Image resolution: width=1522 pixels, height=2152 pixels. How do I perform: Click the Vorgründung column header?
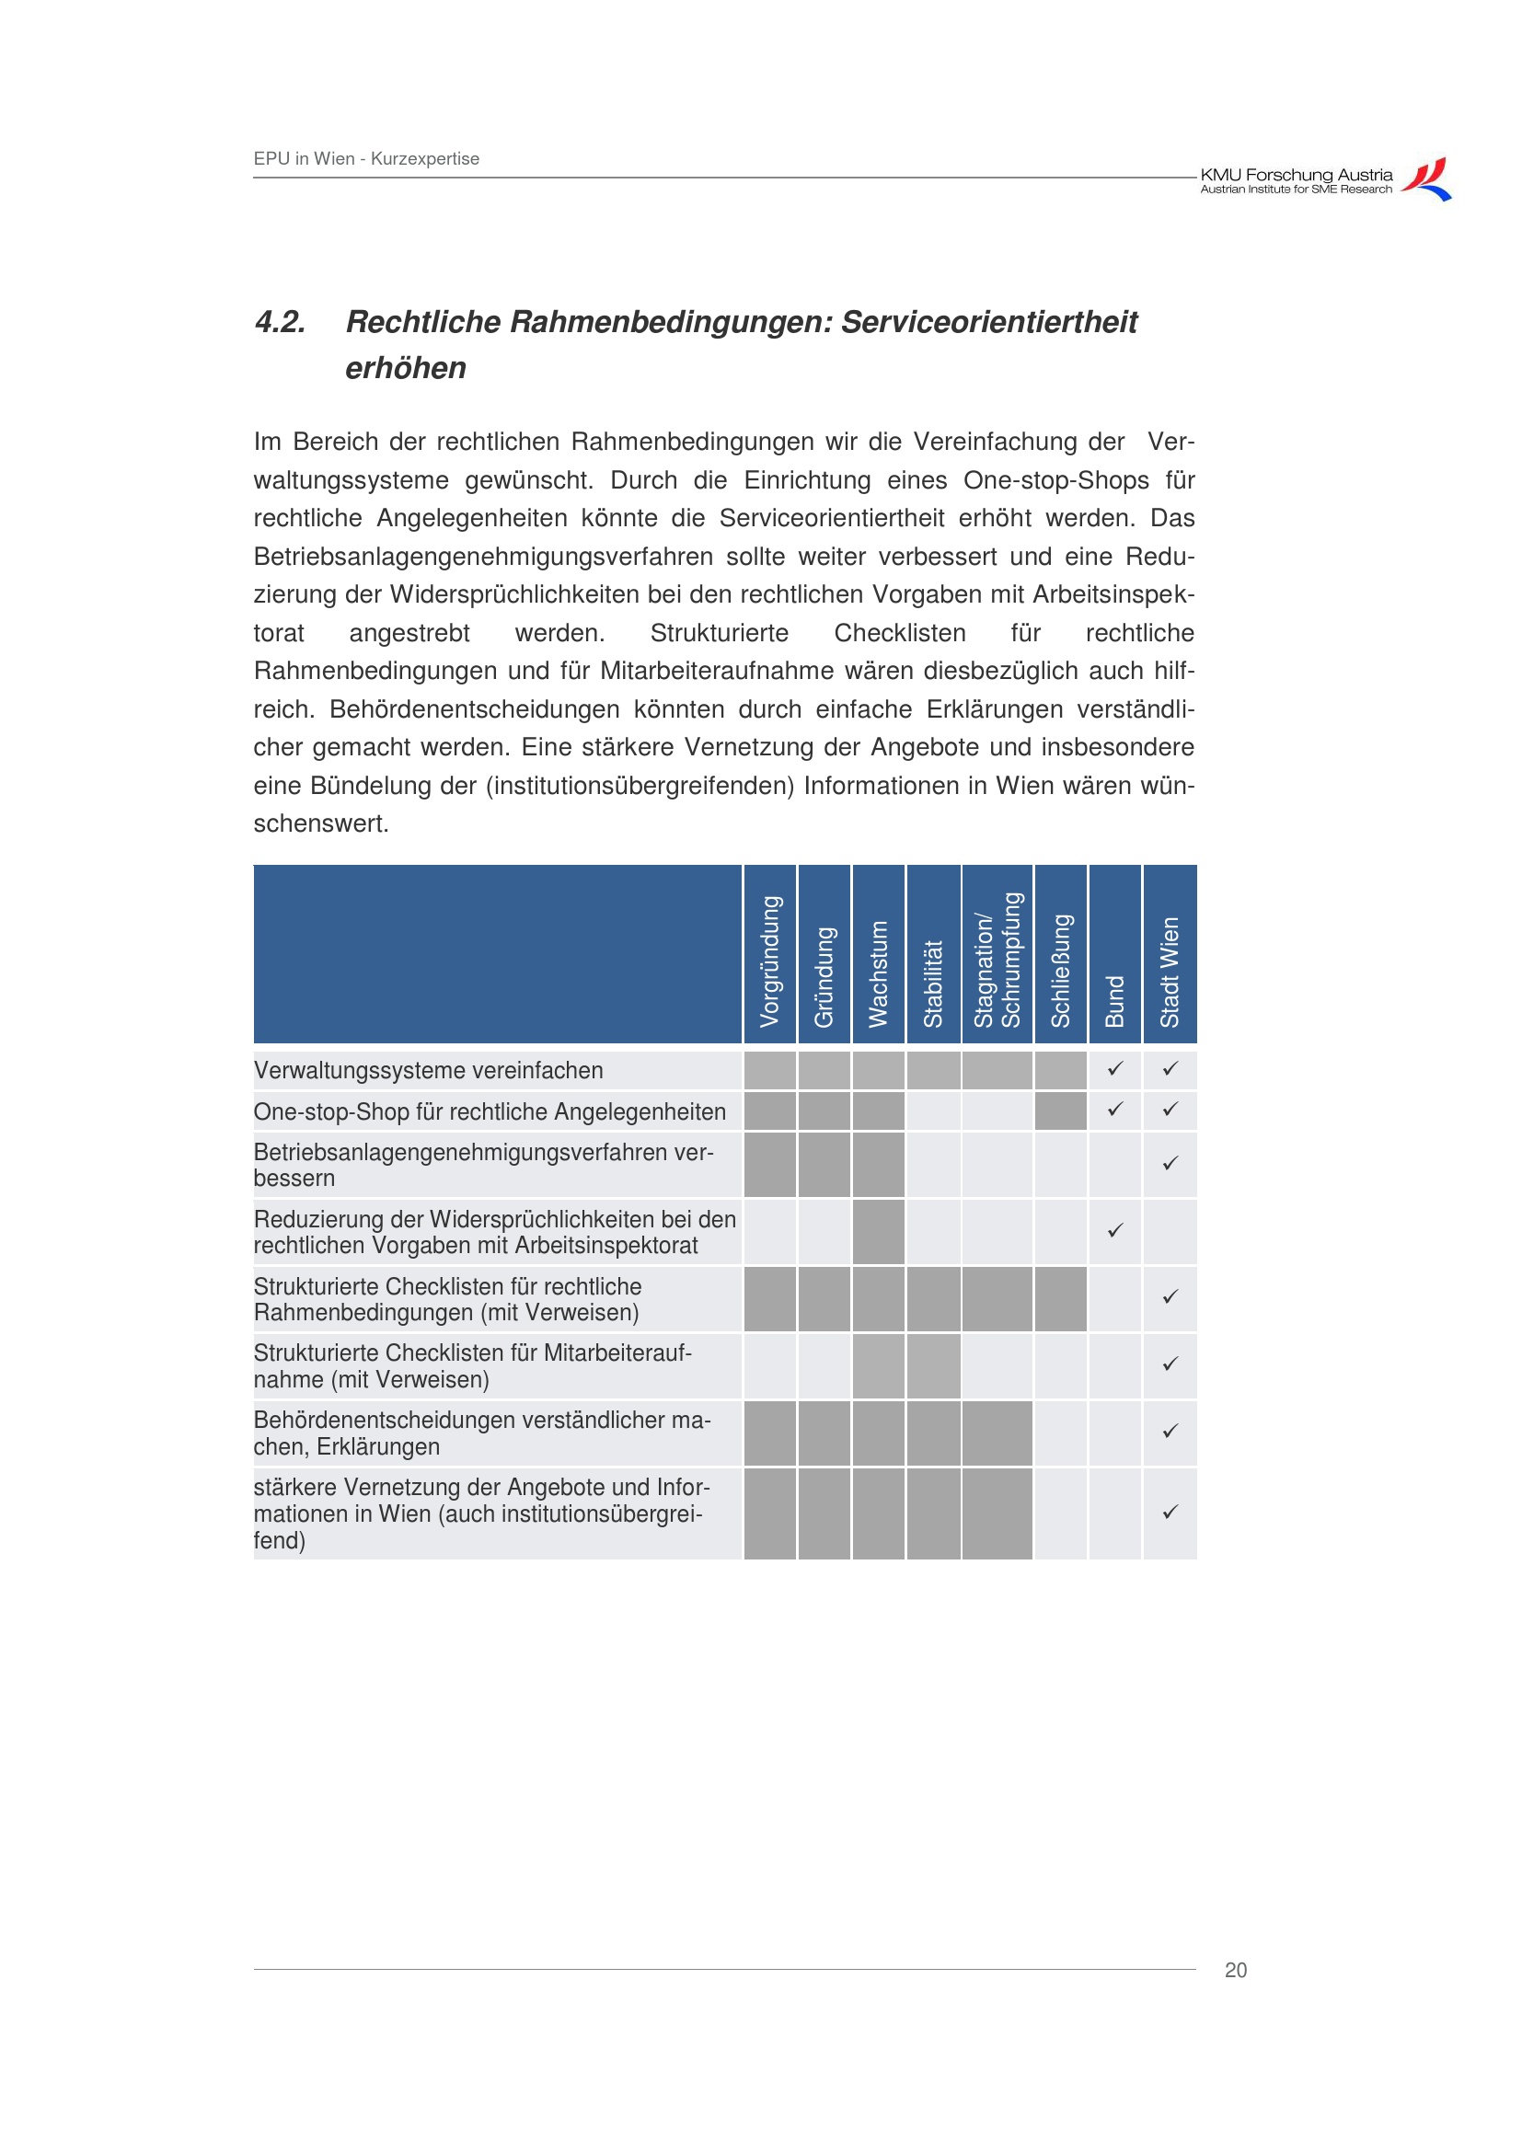(769, 961)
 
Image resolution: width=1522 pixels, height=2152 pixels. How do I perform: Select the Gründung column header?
(824, 975)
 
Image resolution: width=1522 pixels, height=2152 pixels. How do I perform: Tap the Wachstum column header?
(878, 972)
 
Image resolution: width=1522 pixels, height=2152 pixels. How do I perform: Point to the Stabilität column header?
(932, 984)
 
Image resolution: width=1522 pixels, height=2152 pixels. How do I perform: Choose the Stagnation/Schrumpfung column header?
(997, 959)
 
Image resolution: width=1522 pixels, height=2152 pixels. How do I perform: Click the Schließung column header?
(1060, 970)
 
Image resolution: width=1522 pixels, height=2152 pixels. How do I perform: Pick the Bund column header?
(1114, 1000)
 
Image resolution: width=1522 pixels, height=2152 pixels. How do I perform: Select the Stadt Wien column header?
(1170, 971)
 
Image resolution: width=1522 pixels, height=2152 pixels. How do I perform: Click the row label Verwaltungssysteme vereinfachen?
(428, 1070)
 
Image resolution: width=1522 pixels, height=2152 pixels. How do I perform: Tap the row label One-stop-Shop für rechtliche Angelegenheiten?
(490, 1111)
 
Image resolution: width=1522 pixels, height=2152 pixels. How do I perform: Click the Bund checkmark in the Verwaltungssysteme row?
(1115, 1067)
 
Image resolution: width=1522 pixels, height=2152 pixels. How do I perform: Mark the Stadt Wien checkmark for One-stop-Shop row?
(1170, 1109)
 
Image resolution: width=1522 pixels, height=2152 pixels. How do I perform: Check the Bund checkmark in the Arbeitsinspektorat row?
(1115, 1231)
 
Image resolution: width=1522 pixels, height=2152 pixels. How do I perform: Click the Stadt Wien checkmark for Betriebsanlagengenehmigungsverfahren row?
(1170, 1163)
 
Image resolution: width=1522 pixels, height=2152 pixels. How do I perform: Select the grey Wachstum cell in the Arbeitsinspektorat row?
(878, 1232)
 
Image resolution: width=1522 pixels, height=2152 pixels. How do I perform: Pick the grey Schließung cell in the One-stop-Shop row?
(1060, 1111)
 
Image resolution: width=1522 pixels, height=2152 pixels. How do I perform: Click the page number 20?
(1235, 1970)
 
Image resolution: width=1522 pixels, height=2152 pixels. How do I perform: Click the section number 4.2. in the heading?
(281, 322)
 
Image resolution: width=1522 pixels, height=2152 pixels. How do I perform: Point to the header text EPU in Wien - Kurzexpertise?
(366, 158)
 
